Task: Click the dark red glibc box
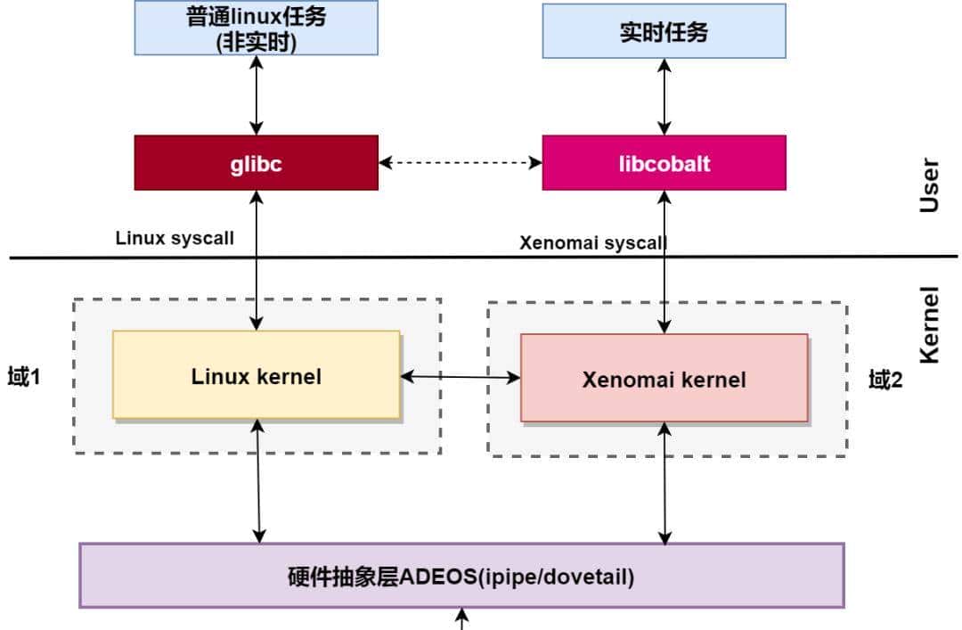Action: [256, 163]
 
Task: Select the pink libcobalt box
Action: [664, 163]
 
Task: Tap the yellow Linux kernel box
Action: [256, 375]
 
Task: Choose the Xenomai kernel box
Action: [664, 379]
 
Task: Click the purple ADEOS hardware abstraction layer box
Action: [461, 576]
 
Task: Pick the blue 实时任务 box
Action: [664, 31]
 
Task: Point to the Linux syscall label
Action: [175, 239]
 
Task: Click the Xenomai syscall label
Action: [592, 242]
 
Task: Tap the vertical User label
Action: [929, 184]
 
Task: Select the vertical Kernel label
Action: [929, 324]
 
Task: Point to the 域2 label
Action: [885, 380]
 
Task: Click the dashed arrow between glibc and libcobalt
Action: [460, 163]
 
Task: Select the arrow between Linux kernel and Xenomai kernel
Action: [460, 378]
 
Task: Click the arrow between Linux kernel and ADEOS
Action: [257, 481]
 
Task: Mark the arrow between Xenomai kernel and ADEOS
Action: [664, 483]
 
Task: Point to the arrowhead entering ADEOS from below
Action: [461, 617]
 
